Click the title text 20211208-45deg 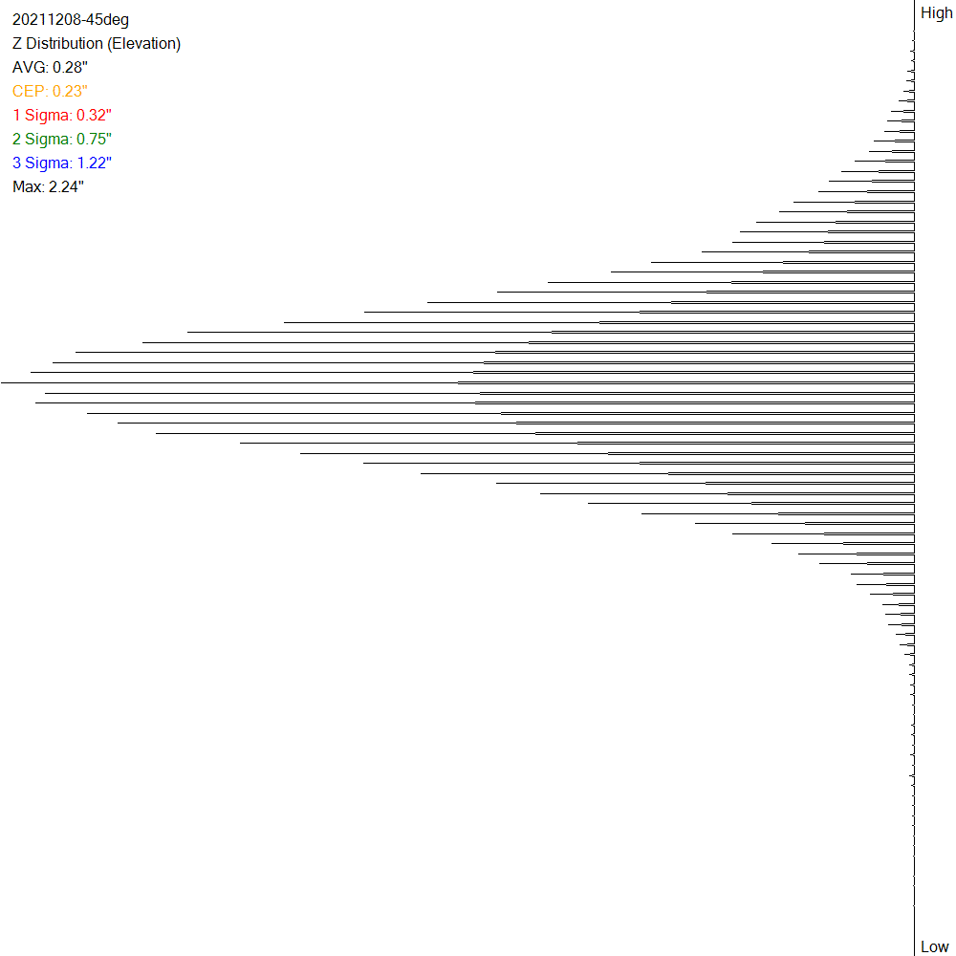pyautogui.click(x=70, y=20)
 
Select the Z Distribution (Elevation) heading pyautogui.click(x=97, y=44)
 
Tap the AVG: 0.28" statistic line pyautogui.click(x=50, y=68)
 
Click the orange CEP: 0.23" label pyautogui.click(x=50, y=92)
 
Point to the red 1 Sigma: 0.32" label pyautogui.click(x=62, y=116)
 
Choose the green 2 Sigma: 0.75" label pyautogui.click(x=62, y=140)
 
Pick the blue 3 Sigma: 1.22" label pyautogui.click(x=62, y=163)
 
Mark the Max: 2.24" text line pyautogui.click(x=48, y=187)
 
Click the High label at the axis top pyautogui.click(x=936, y=13)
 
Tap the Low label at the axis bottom pyautogui.click(x=935, y=946)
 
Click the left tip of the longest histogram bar pyautogui.click(x=3, y=382)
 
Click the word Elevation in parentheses pyautogui.click(x=144, y=44)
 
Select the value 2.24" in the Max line pyautogui.click(x=66, y=187)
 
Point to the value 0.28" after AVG pyautogui.click(x=70, y=68)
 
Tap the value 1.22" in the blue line pyautogui.click(x=95, y=163)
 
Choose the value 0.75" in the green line pyautogui.click(x=95, y=140)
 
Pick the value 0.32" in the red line pyautogui.click(x=94, y=116)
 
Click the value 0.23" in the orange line pyautogui.click(x=70, y=92)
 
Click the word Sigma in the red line pyautogui.click(x=48, y=116)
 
